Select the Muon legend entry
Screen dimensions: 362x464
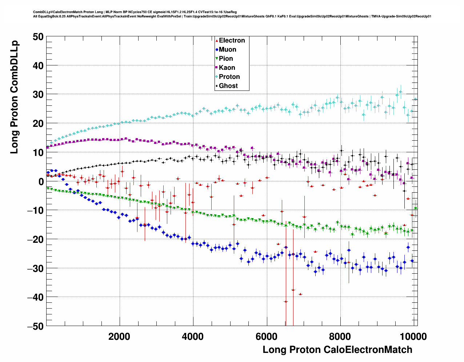tap(227, 49)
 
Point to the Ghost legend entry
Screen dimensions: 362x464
tap(228, 86)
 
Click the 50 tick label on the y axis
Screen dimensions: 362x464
tap(37, 37)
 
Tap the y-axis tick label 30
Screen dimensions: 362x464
tap(37, 94)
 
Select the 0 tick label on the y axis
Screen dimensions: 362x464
tap(40, 181)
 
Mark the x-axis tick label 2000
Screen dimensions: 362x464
tap(119, 336)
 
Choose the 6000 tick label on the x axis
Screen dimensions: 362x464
tap(267, 336)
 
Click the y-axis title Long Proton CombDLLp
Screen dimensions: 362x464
tap(14, 97)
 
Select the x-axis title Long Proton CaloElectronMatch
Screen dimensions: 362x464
tap(337, 350)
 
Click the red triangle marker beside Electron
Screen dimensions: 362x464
tap(217, 40)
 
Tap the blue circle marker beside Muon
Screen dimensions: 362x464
tap(217, 49)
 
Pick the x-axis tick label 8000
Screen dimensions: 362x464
tap(340, 336)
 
